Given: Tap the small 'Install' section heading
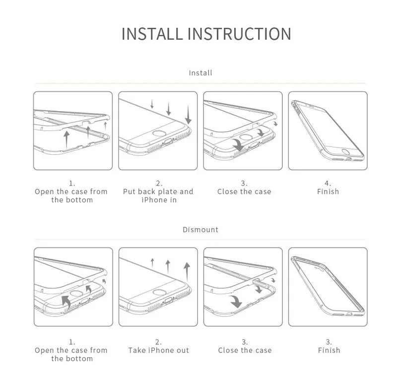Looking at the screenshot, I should [200, 73].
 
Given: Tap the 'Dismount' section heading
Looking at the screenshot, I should [200, 230].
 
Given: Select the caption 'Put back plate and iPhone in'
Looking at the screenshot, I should [158, 195].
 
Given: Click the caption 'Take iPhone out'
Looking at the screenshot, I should [158, 350].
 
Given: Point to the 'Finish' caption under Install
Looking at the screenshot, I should [328, 192].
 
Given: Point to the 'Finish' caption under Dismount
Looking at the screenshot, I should [329, 350].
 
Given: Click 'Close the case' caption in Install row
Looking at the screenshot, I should [245, 192].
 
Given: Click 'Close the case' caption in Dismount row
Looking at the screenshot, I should [245, 350].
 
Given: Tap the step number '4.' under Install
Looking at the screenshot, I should [328, 183].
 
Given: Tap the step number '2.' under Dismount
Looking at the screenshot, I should [158, 342].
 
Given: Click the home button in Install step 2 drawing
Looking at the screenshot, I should [158, 135].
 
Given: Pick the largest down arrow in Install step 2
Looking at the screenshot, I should [188, 115].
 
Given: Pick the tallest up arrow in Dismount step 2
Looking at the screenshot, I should [187, 272].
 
